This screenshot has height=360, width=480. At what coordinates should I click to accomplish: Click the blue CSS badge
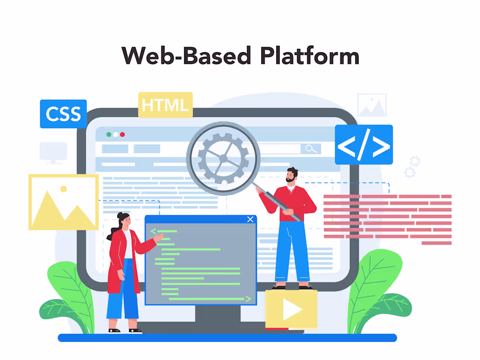point(63,114)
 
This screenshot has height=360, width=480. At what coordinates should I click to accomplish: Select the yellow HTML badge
point(165,105)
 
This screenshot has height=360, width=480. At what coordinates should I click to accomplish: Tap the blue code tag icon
point(363,145)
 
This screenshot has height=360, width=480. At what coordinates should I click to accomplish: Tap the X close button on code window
point(250,219)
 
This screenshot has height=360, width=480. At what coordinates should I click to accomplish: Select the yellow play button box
point(291,309)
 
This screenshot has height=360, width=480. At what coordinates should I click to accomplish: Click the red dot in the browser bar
point(123,134)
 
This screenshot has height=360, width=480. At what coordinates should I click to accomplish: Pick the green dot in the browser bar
point(109,134)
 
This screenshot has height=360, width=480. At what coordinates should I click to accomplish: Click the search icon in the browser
point(311,149)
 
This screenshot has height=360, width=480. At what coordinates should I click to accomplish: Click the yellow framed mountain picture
point(63,202)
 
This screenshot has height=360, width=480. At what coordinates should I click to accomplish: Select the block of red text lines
point(387,219)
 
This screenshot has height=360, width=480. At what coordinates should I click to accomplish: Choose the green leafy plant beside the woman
point(70,297)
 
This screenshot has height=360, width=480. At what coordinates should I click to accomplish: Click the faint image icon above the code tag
point(371,105)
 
